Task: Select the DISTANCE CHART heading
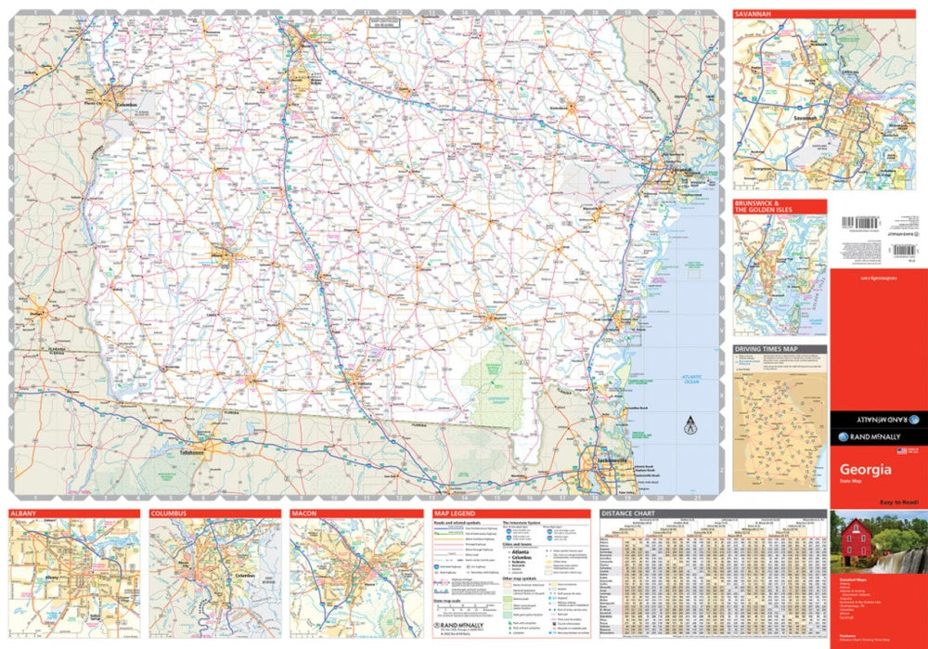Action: (x=631, y=513)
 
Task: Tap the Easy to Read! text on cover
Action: (x=898, y=502)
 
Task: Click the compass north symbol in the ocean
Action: (x=689, y=429)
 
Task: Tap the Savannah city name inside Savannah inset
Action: (x=806, y=118)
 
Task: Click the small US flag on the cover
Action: (x=901, y=451)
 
